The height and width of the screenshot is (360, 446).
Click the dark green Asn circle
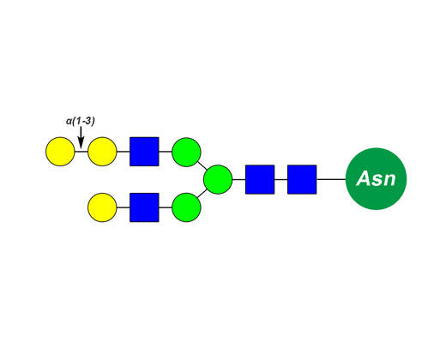376,179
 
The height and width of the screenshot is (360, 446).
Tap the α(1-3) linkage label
81,121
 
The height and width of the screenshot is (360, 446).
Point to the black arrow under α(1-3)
81,137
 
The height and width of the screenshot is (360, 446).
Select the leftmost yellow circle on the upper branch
60,152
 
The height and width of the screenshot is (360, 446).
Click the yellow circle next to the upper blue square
102,152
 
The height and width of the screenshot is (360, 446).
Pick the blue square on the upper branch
144,152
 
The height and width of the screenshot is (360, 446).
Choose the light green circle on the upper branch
186,152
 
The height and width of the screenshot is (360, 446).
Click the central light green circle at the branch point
218,179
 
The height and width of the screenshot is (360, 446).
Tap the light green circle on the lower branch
186,207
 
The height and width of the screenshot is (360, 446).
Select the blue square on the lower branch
144,207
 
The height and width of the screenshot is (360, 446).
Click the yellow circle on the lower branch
102,207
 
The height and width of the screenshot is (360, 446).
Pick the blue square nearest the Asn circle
302,179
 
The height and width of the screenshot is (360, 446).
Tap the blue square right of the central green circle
260,179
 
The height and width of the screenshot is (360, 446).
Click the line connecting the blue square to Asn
331,179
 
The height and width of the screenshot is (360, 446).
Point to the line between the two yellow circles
81,152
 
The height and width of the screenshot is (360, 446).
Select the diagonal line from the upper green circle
202,165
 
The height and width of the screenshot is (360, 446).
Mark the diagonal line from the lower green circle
202,194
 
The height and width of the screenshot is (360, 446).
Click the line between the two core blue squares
281,179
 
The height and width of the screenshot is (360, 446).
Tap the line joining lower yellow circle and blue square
124,207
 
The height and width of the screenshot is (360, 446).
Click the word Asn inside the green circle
376,179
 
